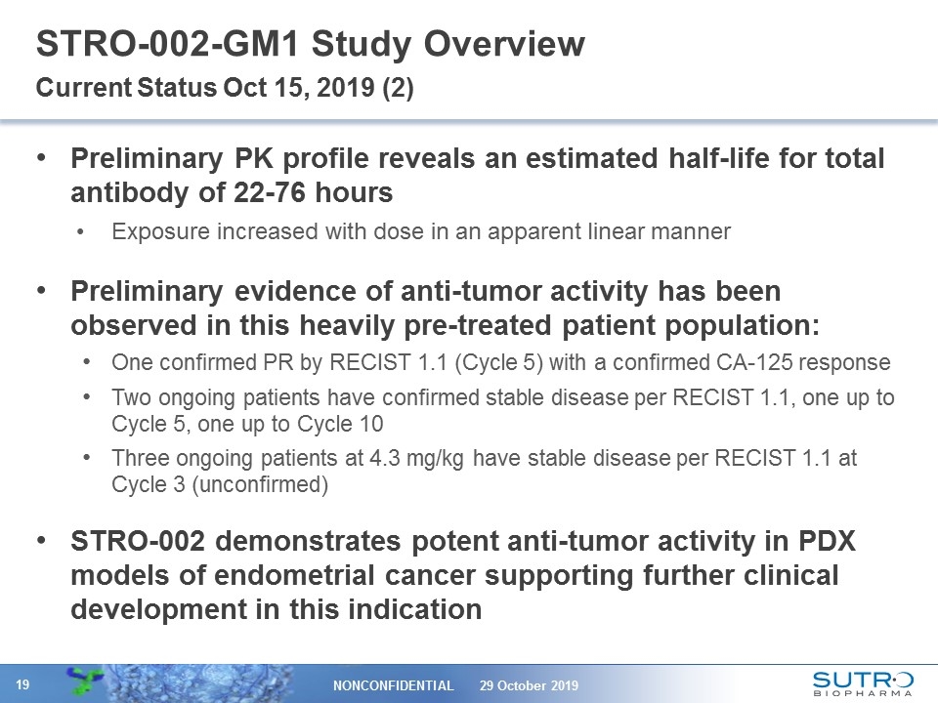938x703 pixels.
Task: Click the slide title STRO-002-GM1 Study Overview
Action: coord(310,44)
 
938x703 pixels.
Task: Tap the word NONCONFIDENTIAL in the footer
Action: coord(396,685)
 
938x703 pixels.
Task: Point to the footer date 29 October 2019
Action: coord(529,685)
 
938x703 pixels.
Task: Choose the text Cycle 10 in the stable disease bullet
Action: coord(349,424)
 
